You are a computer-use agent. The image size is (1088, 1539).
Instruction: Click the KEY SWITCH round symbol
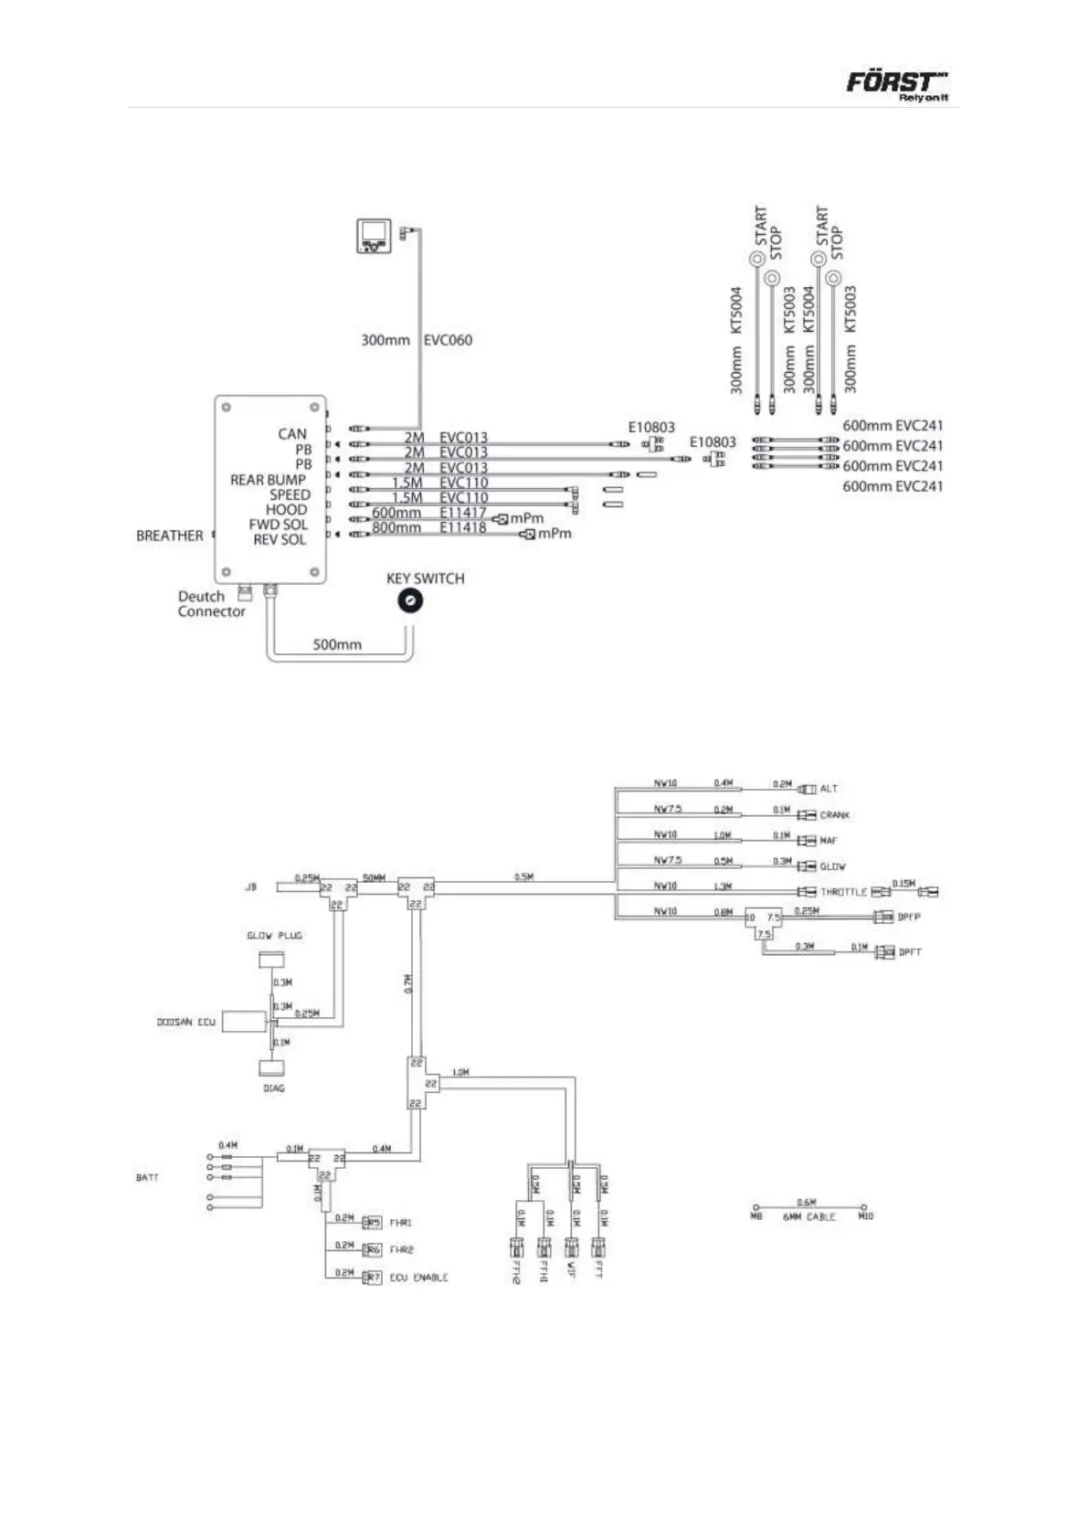point(410,600)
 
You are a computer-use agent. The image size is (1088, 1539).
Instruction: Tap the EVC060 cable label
point(448,340)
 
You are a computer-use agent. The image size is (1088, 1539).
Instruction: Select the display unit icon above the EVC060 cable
point(374,237)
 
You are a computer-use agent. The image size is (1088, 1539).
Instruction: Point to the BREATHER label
point(169,536)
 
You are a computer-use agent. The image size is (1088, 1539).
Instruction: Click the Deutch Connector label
point(211,604)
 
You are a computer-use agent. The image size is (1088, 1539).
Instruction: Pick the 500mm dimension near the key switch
point(337,644)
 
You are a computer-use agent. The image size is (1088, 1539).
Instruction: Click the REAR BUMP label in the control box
point(268,480)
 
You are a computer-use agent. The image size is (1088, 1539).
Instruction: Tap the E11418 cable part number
point(463,527)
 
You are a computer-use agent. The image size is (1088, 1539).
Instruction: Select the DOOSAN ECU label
point(185,1022)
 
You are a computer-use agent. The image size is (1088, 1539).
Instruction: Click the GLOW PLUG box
point(271,960)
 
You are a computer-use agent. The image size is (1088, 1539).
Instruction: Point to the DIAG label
point(273,1088)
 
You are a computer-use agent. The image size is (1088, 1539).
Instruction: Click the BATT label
point(147,1177)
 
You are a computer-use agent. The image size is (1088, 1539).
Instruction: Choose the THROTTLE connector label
point(843,892)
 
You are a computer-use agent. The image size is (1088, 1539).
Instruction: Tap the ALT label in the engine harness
point(828,788)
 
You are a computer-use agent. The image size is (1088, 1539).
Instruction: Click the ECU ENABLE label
point(418,1277)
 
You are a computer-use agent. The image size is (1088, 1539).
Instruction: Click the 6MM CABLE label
point(808,1217)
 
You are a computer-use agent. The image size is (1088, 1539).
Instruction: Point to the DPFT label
point(910,952)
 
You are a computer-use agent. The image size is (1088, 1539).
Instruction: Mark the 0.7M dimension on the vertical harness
point(408,984)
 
